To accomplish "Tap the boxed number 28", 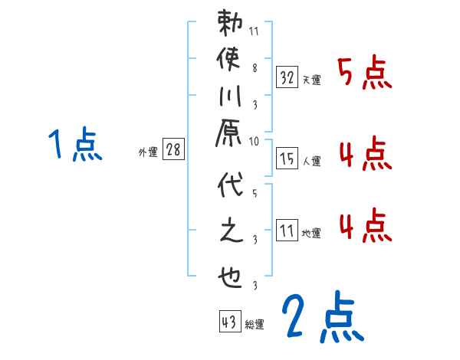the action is tap(173, 150).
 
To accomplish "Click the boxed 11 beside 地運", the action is tap(287, 230).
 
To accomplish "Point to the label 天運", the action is tap(311, 80).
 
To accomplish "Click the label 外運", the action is tap(148, 152).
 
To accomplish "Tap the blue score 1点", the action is tap(75, 146).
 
